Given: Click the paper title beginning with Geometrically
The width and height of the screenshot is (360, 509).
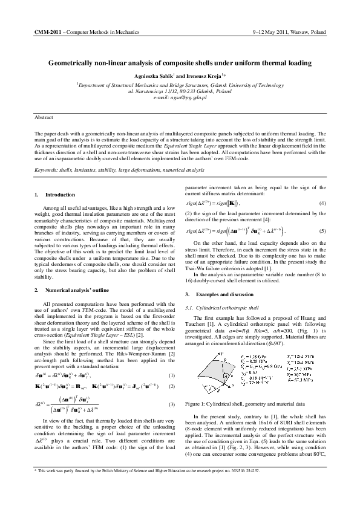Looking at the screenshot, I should point(180,62).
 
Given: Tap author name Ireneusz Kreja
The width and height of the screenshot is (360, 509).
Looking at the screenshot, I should point(204,77).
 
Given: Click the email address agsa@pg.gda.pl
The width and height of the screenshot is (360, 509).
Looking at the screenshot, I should point(189,97).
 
